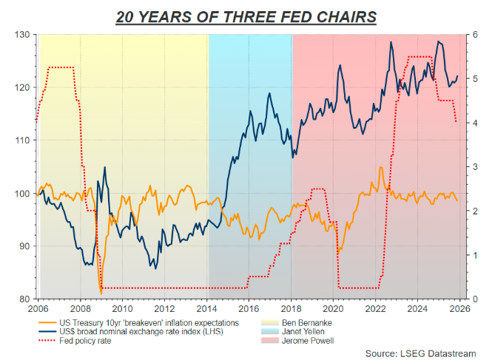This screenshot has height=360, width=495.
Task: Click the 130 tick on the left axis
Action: (21, 35)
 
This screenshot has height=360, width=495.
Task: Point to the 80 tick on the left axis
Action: (24, 299)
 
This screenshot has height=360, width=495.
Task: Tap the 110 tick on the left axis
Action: (21, 140)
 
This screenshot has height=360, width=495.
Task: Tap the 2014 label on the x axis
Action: (207, 308)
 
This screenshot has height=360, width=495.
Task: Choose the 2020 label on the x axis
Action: (334, 308)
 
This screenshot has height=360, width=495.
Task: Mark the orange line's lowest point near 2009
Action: (101, 294)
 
